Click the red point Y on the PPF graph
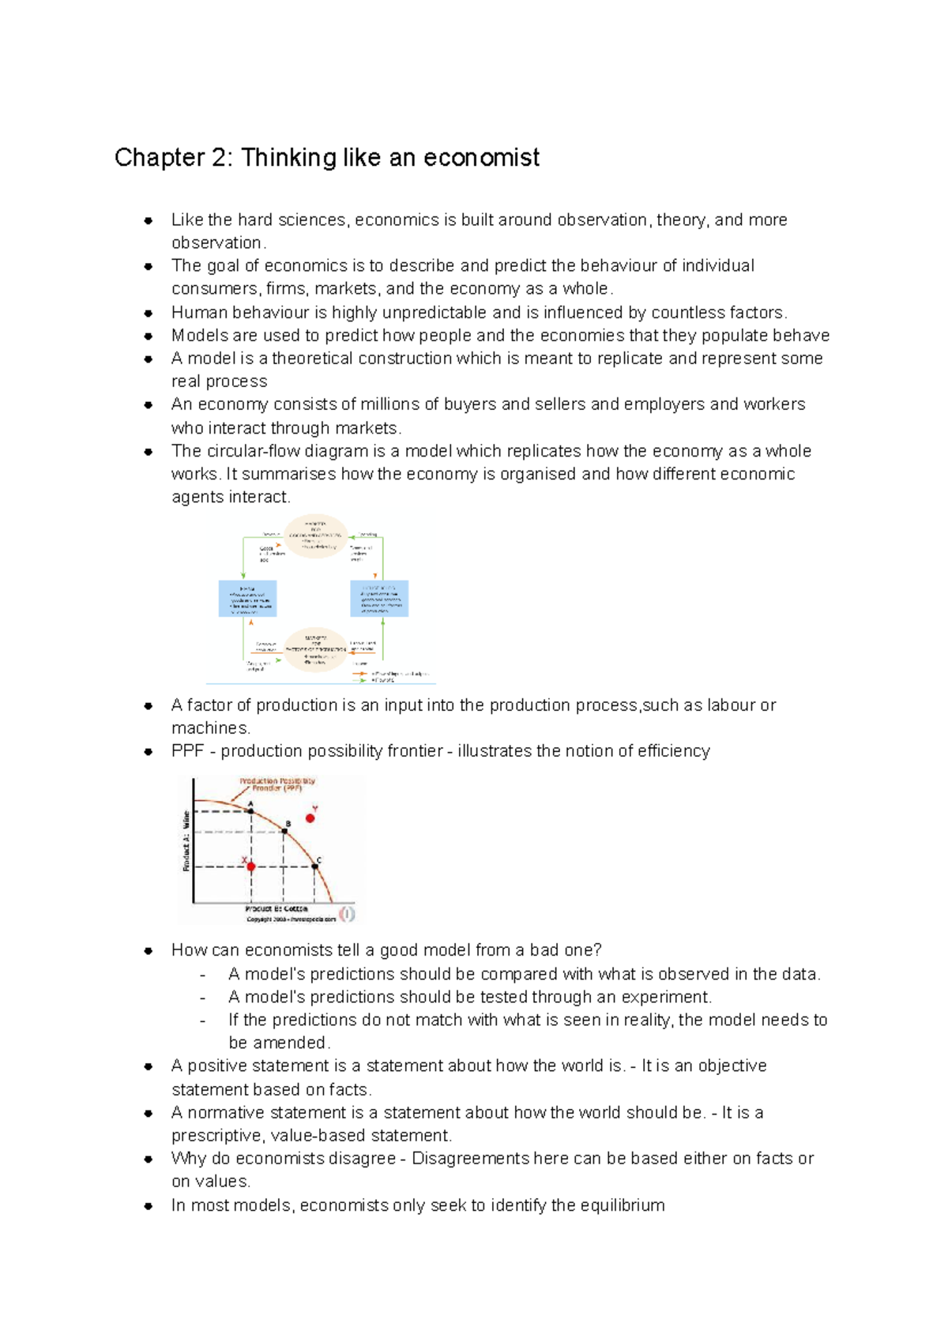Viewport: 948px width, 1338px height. (x=310, y=818)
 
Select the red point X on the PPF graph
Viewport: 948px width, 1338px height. (x=251, y=866)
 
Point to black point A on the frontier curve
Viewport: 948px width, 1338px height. (x=251, y=811)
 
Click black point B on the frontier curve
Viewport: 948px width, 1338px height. (x=284, y=831)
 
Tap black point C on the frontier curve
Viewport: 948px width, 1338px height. (x=314, y=866)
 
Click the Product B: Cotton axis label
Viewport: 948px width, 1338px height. (x=276, y=909)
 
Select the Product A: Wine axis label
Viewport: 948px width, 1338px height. (x=186, y=841)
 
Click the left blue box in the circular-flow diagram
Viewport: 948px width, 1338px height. (x=247, y=599)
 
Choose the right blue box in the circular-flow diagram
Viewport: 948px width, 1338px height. (x=379, y=599)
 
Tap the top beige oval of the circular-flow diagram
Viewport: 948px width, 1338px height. (x=315, y=536)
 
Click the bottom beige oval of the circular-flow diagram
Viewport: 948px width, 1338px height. (x=315, y=650)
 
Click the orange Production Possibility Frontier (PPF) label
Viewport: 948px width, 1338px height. (x=277, y=784)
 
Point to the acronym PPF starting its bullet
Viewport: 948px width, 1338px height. (x=187, y=751)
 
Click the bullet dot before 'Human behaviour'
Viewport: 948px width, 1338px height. (x=148, y=313)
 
